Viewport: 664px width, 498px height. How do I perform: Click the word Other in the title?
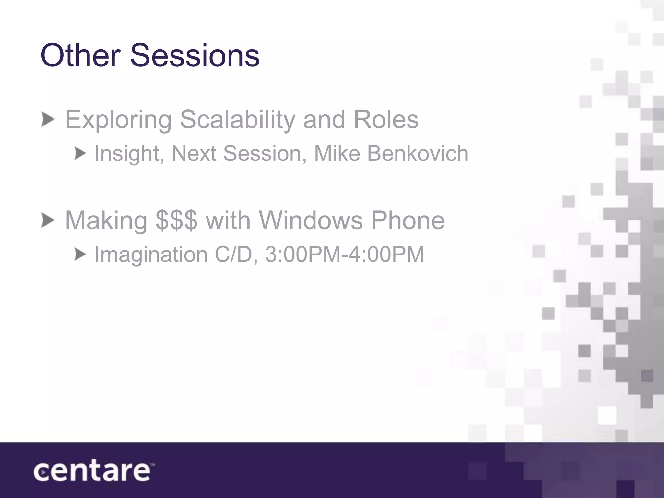coord(80,55)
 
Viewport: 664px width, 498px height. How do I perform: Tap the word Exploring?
coord(118,120)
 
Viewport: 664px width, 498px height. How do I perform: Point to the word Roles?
coord(386,119)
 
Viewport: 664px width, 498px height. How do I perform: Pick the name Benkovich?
coord(418,153)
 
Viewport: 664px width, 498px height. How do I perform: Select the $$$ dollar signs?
coord(176,220)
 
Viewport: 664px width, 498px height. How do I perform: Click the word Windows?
coord(310,220)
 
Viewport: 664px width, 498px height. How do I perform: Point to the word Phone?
coord(408,220)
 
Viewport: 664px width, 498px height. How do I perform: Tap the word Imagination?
coord(151,254)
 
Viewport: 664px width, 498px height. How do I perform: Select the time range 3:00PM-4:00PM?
coord(345,254)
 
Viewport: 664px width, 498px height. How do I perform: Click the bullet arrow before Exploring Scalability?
coord(48,120)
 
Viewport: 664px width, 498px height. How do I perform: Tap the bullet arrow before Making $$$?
coord(48,220)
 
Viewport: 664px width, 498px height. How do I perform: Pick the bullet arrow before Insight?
coord(80,153)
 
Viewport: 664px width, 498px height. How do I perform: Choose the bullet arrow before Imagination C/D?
coord(80,254)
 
